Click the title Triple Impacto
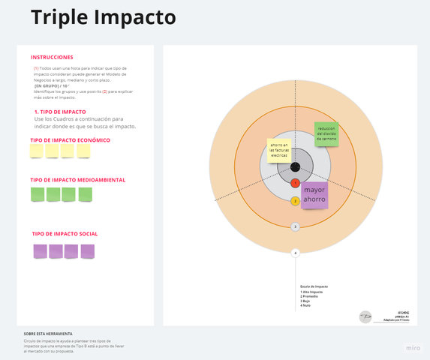pyautogui.click(x=104, y=17)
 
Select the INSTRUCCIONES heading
pyautogui.click(x=52, y=57)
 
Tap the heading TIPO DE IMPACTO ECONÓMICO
pyautogui.click(x=71, y=140)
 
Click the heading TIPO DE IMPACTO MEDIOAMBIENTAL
pyautogui.click(x=78, y=180)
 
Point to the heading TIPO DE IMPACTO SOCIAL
pyautogui.click(x=65, y=234)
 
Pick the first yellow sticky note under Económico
pyautogui.click(x=37, y=151)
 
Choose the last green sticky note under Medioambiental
pyautogui.click(x=86, y=194)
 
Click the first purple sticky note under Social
pyautogui.click(x=40, y=251)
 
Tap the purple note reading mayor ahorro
pyautogui.click(x=314, y=195)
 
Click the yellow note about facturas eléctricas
pyautogui.click(x=279, y=150)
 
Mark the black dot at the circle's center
pyautogui.click(x=296, y=166)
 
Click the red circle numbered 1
pyautogui.click(x=296, y=183)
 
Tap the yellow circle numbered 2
pyautogui.click(x=296, y=201)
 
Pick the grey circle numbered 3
pyautogui.click(x=296, y=226)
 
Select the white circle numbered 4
pyautogui.click(x=296, y=253)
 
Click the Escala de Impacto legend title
pyautogui.click(x=314, y=286)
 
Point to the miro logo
pyautogui.click(x=413, y=348)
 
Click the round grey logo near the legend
pyautogui.click(x=365, y=316)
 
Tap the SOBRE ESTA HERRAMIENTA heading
pyautogui.click(x=48, y=333)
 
